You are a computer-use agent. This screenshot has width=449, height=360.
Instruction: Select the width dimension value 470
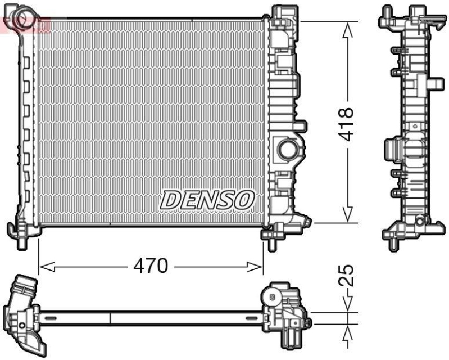151,265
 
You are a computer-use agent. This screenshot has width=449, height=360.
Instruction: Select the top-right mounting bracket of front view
284,17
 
